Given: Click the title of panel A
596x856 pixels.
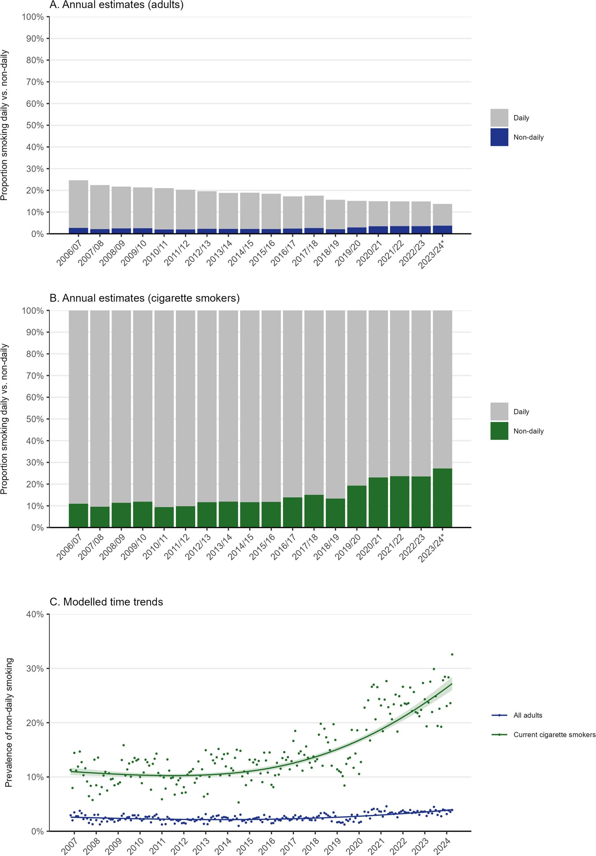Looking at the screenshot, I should coord(117,5).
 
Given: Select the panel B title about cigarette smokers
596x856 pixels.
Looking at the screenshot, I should coord(145,298).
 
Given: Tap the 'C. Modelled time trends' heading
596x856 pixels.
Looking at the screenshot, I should coord(106,602).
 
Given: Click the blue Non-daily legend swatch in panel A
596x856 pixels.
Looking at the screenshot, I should coord(499,137).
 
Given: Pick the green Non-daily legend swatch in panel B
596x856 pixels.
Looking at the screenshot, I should coord(499,431).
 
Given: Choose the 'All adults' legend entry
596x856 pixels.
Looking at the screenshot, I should coord(527,715).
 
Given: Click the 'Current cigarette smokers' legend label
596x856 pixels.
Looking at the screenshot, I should coord(554,735).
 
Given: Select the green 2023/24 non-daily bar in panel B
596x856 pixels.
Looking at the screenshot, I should coord(443,498).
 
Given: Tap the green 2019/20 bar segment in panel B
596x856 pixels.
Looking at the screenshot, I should coord(357,506).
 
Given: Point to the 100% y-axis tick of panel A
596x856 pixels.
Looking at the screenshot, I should coord(33,17).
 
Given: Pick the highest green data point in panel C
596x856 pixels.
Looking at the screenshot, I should coord(452,654).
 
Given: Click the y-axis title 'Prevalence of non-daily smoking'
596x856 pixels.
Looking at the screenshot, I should coord(9,722).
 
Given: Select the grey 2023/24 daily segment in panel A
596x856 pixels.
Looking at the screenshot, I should coord(443,215).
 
